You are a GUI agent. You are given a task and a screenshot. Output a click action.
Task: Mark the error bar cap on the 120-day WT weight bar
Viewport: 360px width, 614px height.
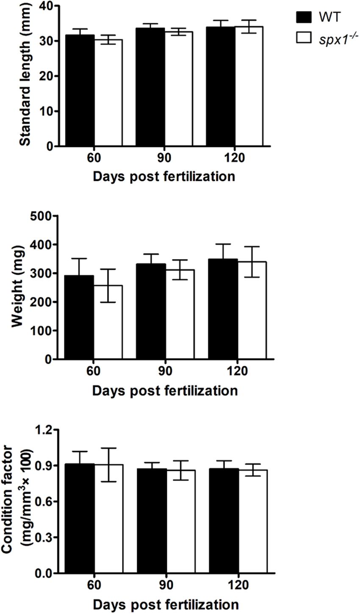pyautogui.click(x=223, y=244)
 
